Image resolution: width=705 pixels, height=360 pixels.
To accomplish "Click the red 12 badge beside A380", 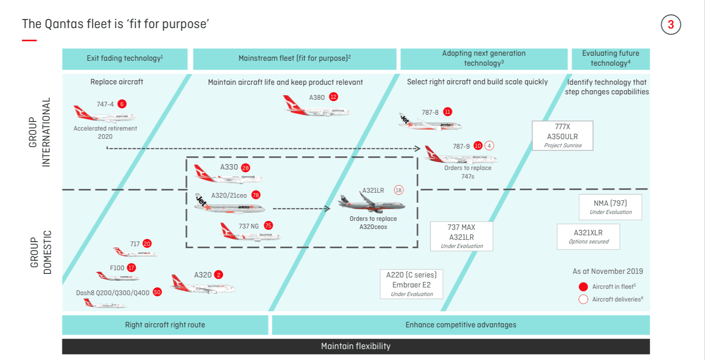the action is tap(333, 97).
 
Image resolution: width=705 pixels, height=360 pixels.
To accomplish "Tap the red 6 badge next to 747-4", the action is tap(122, 104).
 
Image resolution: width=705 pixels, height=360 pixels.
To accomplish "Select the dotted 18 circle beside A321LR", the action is tap(398, 190).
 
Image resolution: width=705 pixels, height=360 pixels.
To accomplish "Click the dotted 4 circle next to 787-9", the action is tap(489, 146).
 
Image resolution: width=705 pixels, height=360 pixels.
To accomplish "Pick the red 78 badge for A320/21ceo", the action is tap(256, 195).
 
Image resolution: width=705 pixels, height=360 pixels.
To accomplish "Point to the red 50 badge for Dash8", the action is tap(157, 292).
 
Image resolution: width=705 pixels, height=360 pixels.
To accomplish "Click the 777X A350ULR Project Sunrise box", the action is tap(562, 136).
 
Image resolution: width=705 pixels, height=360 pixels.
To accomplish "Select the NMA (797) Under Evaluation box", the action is tap(610, 207).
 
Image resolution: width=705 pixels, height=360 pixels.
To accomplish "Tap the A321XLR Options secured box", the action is tap(588, 237).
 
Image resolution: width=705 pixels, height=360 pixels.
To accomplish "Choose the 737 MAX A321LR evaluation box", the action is tap(461, 236).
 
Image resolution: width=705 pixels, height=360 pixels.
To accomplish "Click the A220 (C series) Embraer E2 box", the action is tap(411, 284).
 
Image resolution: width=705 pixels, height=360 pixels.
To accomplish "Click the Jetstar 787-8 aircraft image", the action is tap(430, 122).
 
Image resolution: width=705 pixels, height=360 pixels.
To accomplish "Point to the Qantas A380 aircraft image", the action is tap(316, 106).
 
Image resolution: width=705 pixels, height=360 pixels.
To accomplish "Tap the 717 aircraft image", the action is tap(135, 252).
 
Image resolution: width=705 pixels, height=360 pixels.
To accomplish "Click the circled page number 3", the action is tap(671, 24).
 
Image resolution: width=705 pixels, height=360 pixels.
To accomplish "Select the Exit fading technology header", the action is tap(125, 59).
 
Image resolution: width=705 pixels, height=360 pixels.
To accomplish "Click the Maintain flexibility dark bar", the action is tap(356, 346).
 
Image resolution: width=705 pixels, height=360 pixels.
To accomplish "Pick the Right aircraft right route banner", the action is tap(165, 325).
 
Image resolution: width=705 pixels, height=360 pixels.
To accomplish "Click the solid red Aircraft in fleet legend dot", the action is tap(583, 287).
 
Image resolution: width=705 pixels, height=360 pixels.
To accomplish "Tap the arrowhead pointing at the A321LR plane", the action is tap(328, 209).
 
